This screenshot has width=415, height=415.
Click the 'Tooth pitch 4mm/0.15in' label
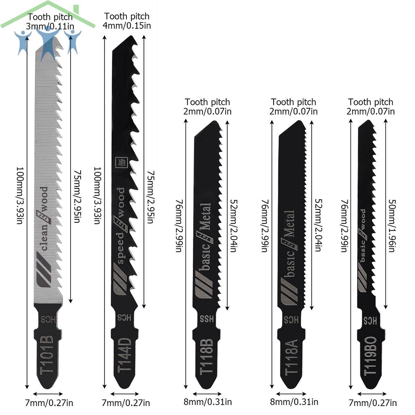point(127,21)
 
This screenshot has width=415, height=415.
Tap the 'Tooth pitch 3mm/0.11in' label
point(50,21)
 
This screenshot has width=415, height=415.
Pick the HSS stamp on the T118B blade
point(207,318)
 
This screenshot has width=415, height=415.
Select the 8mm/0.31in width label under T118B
point(207,402)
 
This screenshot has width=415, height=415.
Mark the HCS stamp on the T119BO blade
point(370,320)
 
